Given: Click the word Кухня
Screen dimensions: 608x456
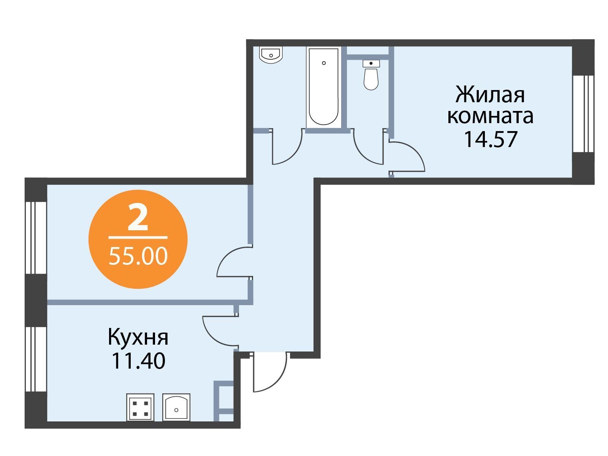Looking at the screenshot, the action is click(138, 337).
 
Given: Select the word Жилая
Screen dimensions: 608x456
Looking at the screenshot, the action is click(490, 94).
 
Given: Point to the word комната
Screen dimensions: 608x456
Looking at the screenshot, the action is click(490, 116).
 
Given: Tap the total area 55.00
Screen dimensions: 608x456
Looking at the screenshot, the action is click(138, 256).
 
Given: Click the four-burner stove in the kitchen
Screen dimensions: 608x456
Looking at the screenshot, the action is click(140, 407).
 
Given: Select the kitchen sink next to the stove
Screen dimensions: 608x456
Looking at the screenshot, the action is click(176, 407).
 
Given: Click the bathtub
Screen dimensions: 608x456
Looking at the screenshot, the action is click(323, 87).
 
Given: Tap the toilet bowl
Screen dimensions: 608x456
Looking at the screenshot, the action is click(371, 75).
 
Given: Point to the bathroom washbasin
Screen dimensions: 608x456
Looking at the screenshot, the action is click(271, 55).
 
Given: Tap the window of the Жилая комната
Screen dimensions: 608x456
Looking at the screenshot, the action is click(583, 114).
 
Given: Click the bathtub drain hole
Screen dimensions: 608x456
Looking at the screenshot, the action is click(323, 63).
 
